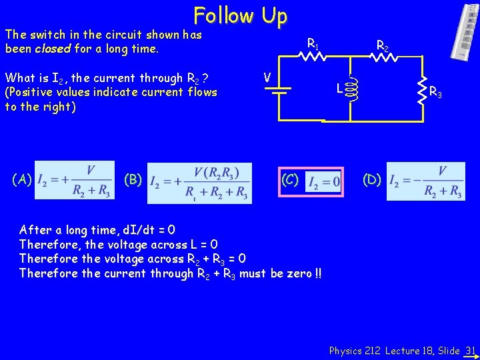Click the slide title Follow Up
point(240,15)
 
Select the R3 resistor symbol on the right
point(423,90)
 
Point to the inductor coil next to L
point(352,87)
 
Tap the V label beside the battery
point(266,78)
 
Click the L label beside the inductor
point(339,88)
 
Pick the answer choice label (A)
point(22,179)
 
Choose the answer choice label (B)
point(133,179)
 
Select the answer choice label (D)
point(372,179)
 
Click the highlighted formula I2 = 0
point(323,181)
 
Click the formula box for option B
point(199,182)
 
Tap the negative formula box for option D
point(425,181)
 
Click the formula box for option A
point(74,181)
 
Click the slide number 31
point(470,350)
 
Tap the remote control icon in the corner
point(463,31)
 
